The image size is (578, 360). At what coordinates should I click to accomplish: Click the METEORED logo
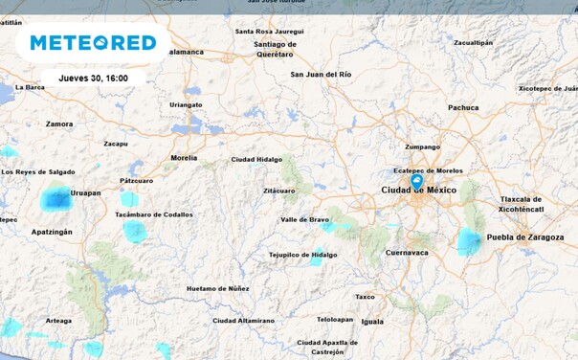point(93,42)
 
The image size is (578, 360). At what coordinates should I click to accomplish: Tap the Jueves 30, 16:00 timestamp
point(93,77)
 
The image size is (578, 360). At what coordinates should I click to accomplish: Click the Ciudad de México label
point(419,191)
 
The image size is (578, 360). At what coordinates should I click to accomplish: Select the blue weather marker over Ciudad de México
point(416,180)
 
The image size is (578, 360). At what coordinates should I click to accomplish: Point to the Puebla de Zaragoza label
point(525,237)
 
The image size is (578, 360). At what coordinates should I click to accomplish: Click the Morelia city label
point(184,158)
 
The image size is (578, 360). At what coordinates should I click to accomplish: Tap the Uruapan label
point(85,193)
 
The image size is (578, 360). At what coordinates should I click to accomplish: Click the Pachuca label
point(463,108)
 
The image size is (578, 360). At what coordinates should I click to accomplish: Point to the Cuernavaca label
point(407,253)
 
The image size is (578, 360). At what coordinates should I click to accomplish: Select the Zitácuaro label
point(279,191)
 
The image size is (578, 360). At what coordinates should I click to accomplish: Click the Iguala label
point(372,322)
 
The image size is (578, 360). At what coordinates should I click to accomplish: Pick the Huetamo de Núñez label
point(218,288)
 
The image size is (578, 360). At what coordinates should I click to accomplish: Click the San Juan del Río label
point(322,75)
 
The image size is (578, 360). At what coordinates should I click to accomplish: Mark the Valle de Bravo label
point(304,220)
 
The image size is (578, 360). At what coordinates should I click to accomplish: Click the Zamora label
point(59,124)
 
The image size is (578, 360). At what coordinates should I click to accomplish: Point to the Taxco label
point(366,297)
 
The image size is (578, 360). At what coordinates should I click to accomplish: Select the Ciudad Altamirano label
point(243,321)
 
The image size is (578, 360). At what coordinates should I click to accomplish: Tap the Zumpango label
point(423,147)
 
